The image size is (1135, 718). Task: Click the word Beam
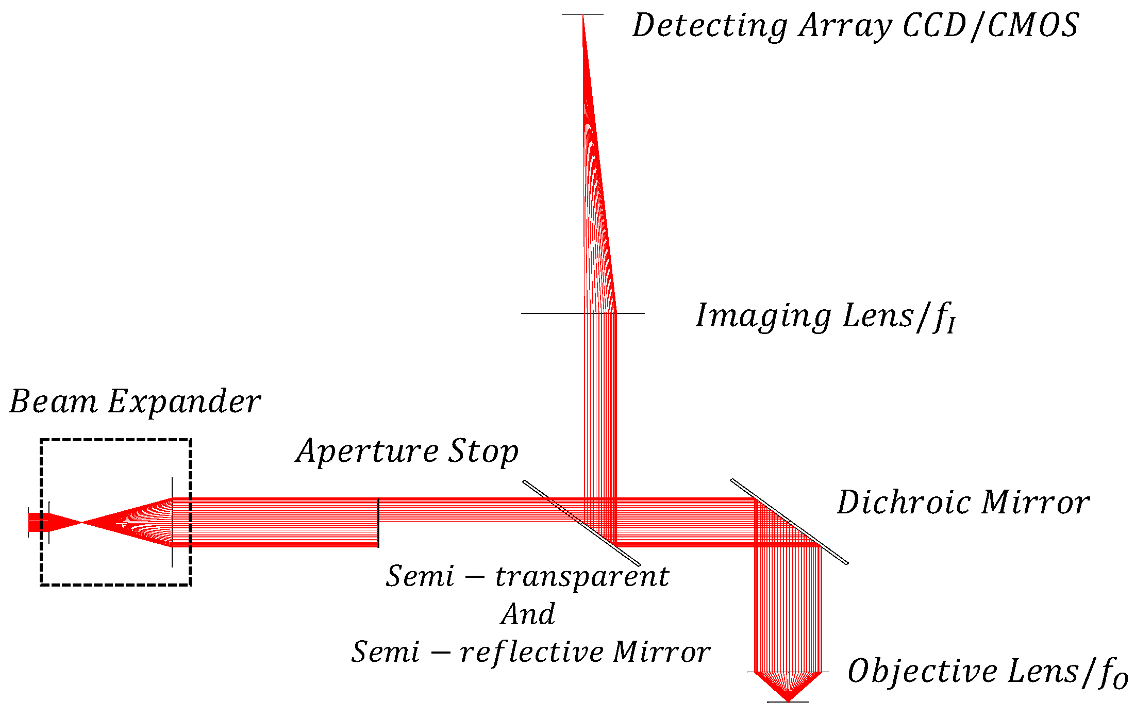[53, 402]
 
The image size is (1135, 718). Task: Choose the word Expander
[184, 402]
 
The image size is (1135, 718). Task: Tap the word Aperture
[366, 452]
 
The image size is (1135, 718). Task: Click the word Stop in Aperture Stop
[482, 452]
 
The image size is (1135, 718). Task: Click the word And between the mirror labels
[528, 614]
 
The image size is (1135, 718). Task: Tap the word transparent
[582, 576]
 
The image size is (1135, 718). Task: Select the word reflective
[531, 652]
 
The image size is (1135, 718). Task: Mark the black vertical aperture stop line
[378, 523]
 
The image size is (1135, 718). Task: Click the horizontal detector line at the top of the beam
[582, 14]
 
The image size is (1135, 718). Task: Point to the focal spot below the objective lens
[788, 700]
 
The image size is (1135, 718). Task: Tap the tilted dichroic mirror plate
[789, 521]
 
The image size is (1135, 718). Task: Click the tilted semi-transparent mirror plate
[581, 523]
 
